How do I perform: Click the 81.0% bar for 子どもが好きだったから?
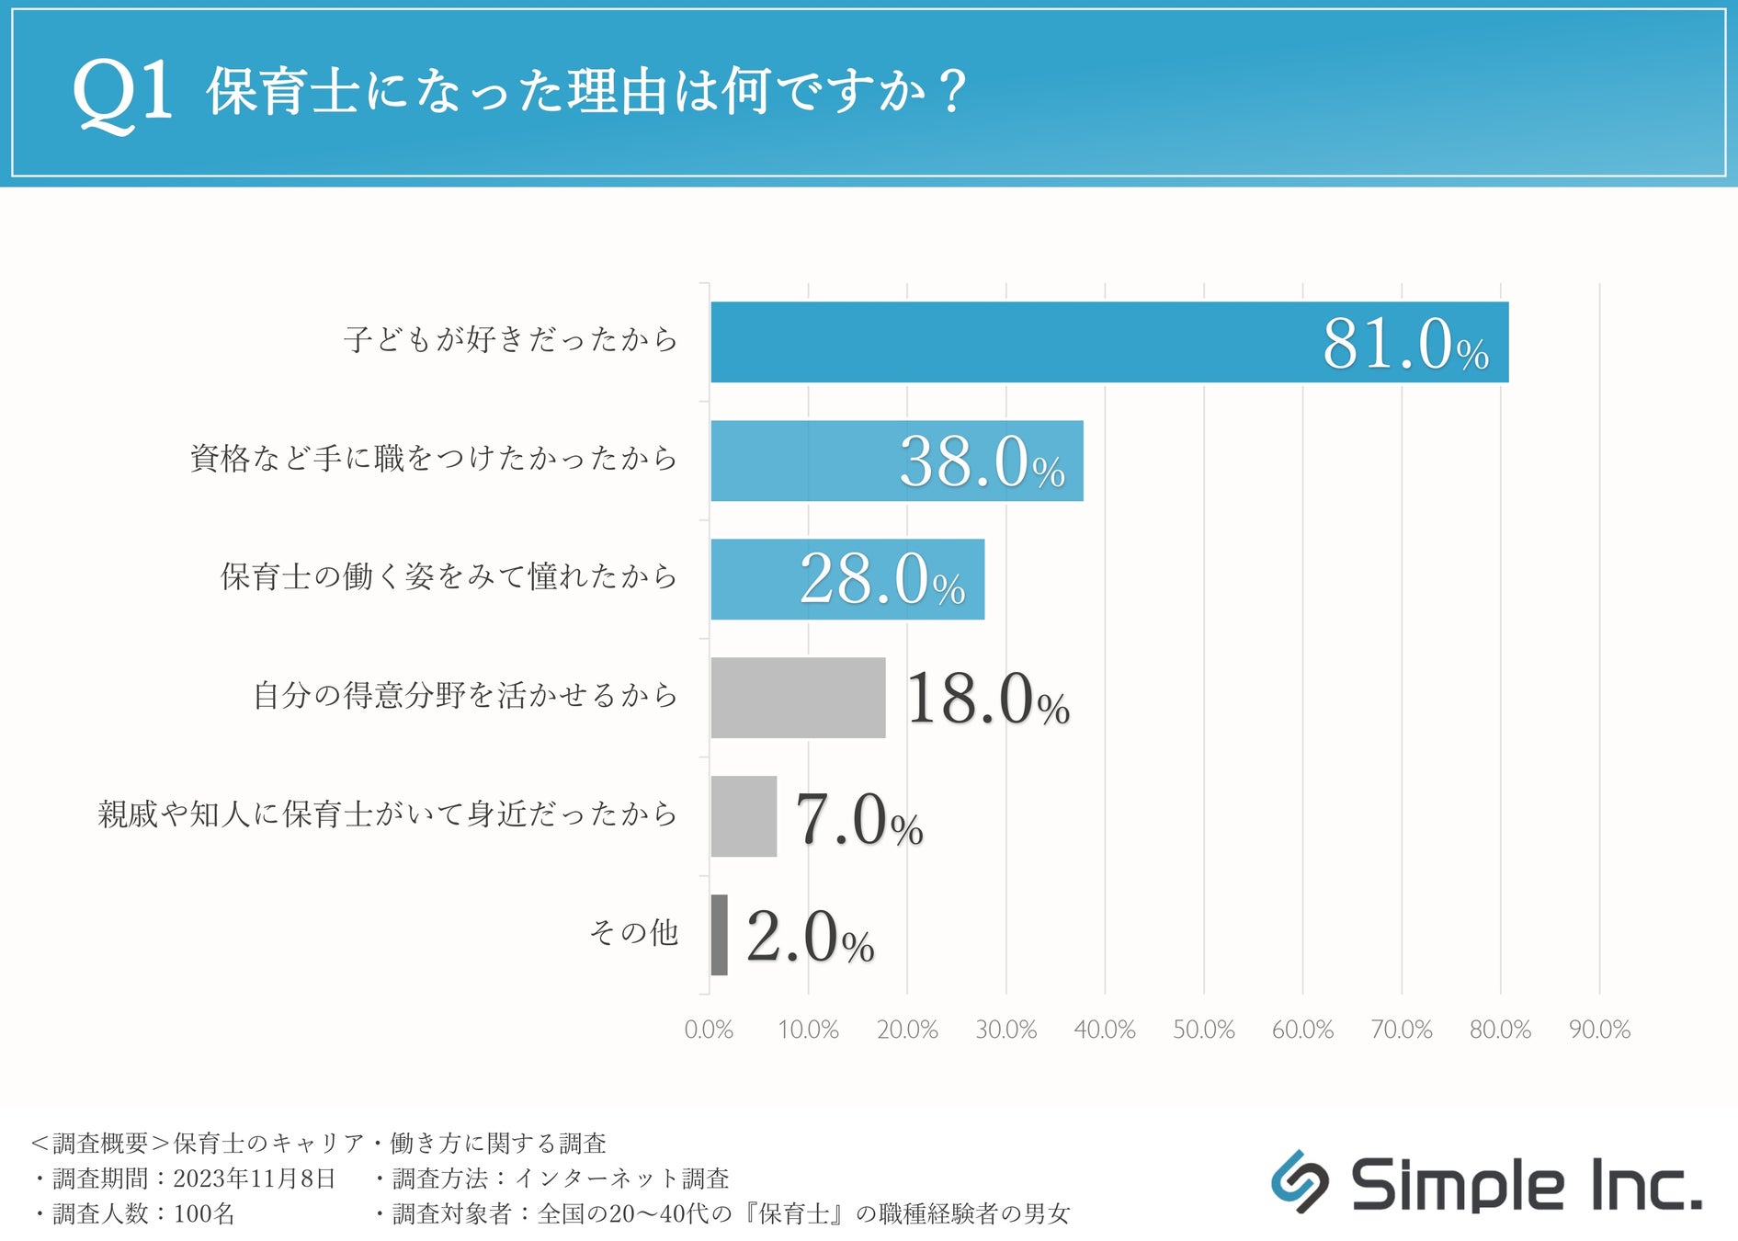pos(1108,342)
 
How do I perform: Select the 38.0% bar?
pos(896,461)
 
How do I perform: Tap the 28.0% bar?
pos(846,579)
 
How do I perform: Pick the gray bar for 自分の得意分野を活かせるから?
pos(798,698)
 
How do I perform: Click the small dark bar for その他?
pos(719,935)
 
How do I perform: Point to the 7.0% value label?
pos(858,819)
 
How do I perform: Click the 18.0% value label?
pos(987,700)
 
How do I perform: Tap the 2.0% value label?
pos(809,937)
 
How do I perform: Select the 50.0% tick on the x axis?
pos(1203,1030)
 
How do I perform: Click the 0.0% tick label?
pos(709,1030)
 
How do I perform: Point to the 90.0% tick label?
pos(1599,1030)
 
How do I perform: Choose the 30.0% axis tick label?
pos(1005,1030)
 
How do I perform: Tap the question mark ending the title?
pos(953,92)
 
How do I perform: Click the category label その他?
pos(633,933)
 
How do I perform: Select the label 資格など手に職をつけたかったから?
pos(434,458)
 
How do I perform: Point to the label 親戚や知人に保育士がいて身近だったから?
pos(387,814)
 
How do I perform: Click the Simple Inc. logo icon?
pos(1299,1182)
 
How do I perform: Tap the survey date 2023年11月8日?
pos(255,1178)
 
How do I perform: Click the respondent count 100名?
pos(204,1214)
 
